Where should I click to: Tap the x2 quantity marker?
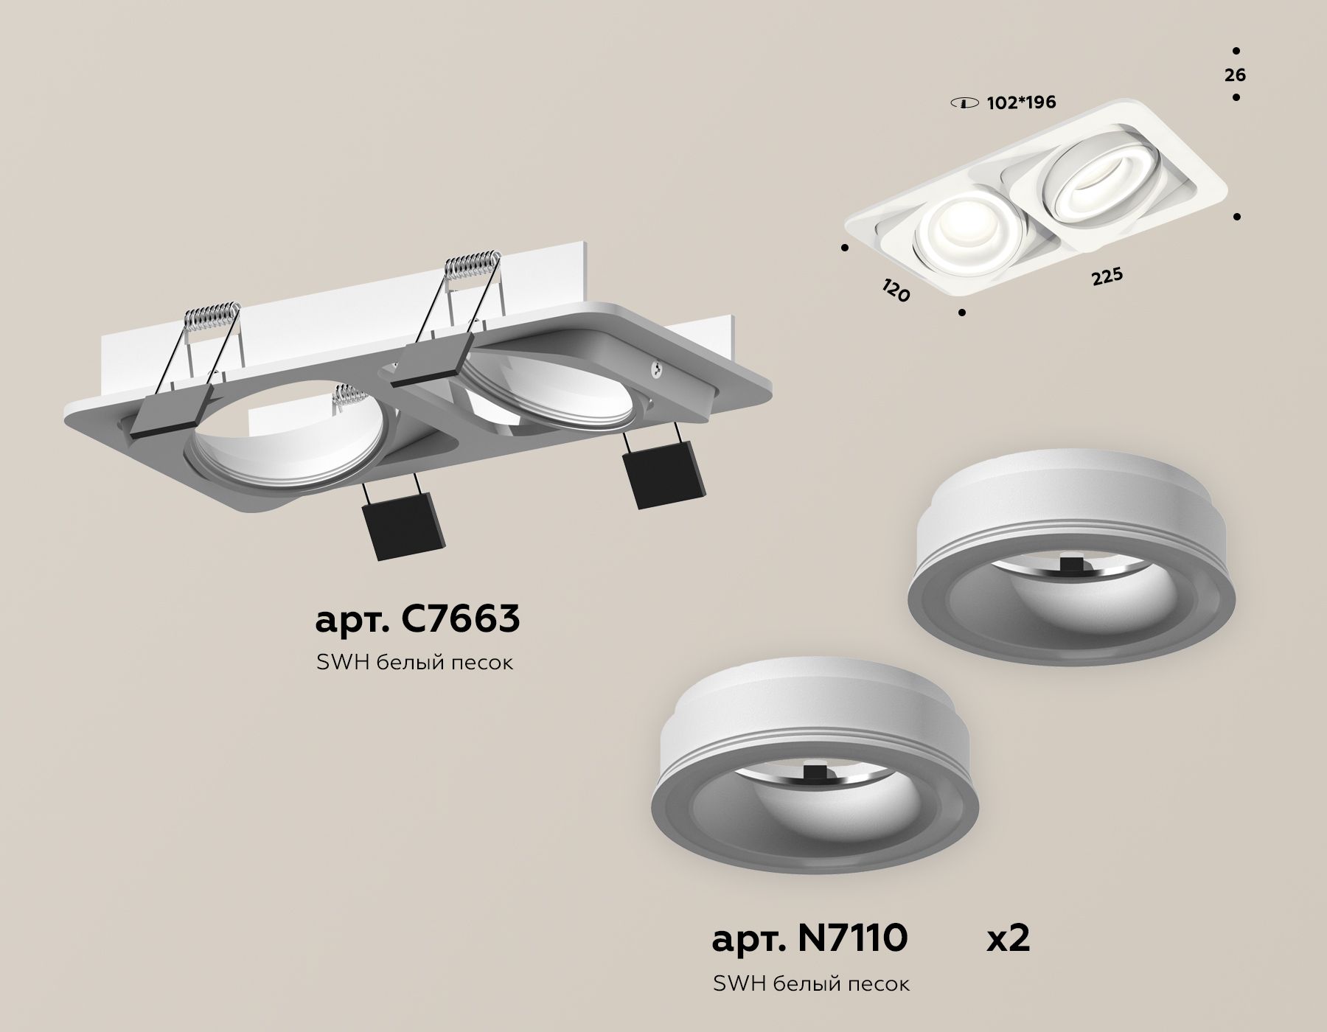pyautogui.click(x=1008, y=938)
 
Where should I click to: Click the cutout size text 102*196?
pyautogui.click(x=1021, y=102)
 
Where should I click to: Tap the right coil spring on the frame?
pyautogui.click(x=470, y=264)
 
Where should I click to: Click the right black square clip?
pyautogui.click(x=664, y=476)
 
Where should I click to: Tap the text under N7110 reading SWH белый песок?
pyautogui.click(x=811, y=983)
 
